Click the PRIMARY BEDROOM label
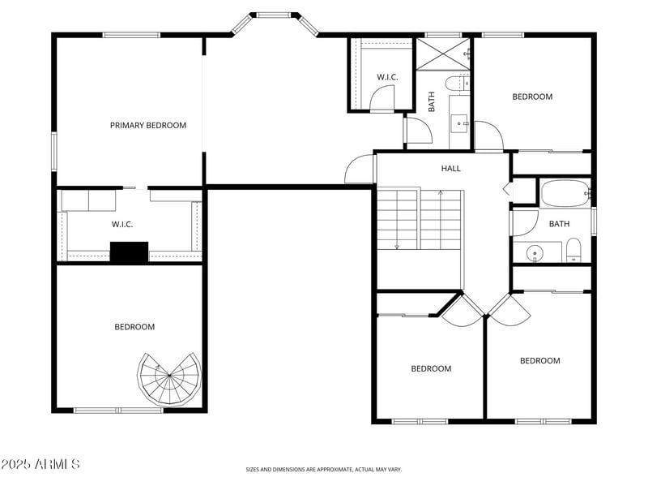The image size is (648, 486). click(148, 126)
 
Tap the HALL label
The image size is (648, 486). click(450, 169)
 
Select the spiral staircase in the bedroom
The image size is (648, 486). click(169, 379)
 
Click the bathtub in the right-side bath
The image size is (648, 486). click(565, 193)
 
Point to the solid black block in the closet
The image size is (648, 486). click(129, 252)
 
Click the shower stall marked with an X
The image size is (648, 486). click(443, 54)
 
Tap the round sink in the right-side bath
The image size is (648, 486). click(535, 252)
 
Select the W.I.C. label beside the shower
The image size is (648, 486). click(387, 77)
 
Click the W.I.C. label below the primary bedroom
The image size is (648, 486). click(122, 225)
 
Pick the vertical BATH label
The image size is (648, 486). click(432, 102)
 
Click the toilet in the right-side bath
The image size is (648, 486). click(573, 250)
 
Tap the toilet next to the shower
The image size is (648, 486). click(458, 84)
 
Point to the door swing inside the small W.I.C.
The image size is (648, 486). click(382, 99)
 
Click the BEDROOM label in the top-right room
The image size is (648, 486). click(532, 97)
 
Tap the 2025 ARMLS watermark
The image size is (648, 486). click(40, 464)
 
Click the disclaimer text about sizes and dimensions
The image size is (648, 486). click(323, 470)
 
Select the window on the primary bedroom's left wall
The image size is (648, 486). click(54, 151)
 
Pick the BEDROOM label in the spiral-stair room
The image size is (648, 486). click(134, 327)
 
